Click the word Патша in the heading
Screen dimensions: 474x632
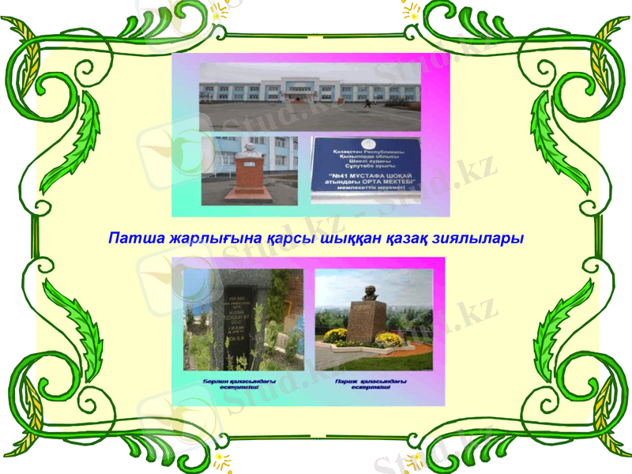coord(130,237)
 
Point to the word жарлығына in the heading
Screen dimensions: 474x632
coord(201,237)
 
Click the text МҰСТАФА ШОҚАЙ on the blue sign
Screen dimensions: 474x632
coord(371,175)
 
